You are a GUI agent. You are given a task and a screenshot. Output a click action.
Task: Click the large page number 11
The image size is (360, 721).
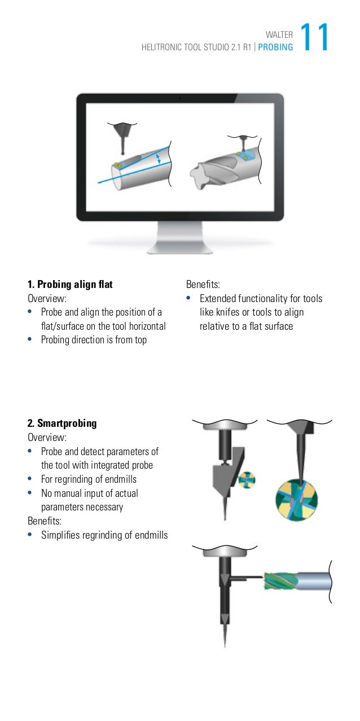314,38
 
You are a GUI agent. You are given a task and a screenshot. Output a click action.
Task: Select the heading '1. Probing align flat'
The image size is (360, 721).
70,285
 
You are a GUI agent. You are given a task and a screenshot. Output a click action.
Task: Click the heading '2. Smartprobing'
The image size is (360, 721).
62,423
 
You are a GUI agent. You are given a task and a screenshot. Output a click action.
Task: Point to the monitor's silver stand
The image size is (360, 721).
179,237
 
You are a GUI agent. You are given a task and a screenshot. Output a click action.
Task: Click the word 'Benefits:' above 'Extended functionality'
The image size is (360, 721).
204,285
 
